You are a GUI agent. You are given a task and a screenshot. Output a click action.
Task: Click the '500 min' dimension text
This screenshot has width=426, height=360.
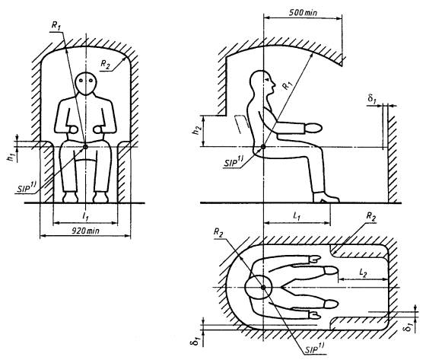(x=303, y=12)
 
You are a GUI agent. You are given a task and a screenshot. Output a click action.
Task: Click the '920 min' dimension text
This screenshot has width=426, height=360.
(x=85, y=231)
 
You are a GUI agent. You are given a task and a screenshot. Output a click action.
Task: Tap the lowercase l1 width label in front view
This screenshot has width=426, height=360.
(x=85, y=216)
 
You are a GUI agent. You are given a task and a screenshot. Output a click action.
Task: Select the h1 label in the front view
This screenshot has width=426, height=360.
(x=11, y=158)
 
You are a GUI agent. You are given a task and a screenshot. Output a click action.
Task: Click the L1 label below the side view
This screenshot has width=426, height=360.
(x=297, y=216)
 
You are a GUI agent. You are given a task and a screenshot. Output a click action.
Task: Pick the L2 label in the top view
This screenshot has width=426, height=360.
(x=363, y=272)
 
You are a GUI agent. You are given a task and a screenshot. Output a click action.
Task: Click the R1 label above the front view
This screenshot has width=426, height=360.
(x=56, y=25)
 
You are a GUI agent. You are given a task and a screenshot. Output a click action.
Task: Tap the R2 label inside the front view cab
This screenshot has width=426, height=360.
(x=106, y=64)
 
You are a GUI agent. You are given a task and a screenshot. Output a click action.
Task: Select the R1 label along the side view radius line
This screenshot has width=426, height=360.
(x=288, y=85)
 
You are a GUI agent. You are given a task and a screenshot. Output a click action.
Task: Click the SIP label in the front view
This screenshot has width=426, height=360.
(x=27, y=188)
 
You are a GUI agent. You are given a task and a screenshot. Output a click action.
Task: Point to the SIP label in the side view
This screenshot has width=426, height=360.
(x=233, y=162)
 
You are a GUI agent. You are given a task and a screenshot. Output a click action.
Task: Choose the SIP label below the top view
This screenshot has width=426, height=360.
(x=314, y=348)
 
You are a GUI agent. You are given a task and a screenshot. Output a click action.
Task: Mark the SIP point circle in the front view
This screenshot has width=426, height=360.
(x=85, y=147)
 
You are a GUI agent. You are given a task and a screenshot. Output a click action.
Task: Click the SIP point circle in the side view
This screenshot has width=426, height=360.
(x=263, y=147)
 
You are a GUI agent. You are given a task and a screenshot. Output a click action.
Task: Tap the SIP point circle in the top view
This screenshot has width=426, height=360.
(x=263, y=288)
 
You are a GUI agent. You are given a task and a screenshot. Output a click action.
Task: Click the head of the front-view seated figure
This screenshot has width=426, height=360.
(x=86, y=84)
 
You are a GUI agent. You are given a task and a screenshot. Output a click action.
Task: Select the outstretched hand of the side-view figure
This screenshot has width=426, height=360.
(x=313, y=128)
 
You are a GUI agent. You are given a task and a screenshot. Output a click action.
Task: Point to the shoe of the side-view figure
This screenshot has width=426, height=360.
(x=326, y=197)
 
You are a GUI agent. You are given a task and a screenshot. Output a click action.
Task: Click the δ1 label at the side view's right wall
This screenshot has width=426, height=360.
(x=372, y=98)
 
